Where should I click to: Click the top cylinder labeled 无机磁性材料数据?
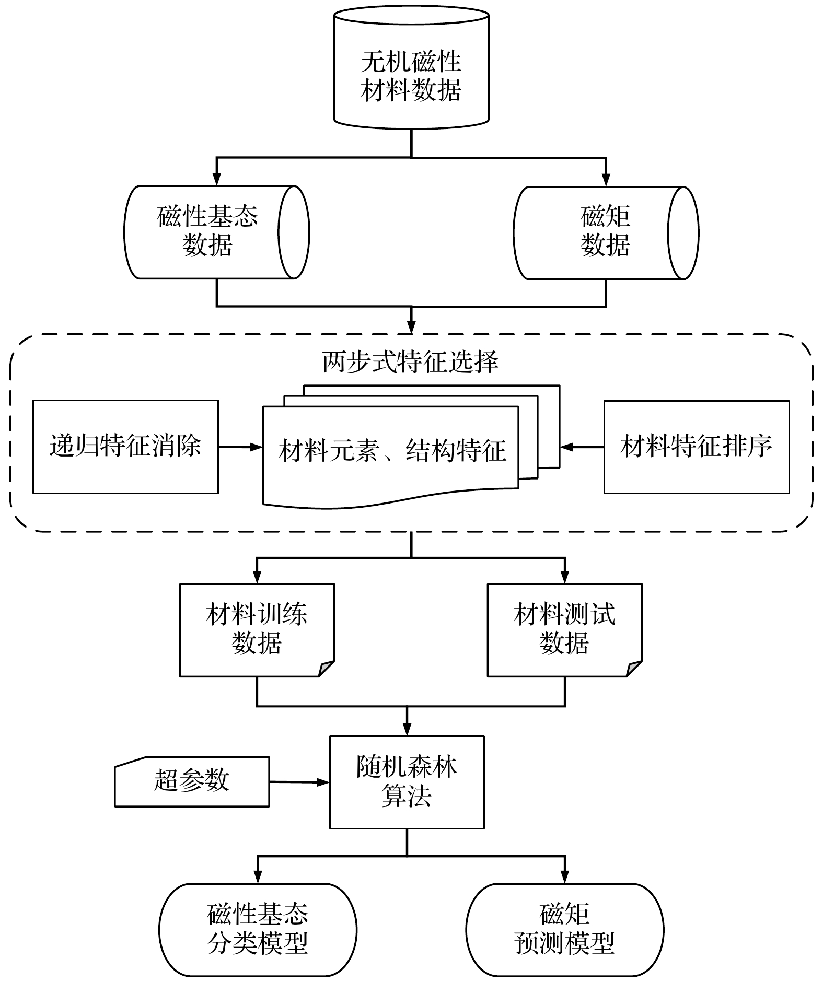[x=411, y=76]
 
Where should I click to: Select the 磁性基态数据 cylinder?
[x=208, y=231]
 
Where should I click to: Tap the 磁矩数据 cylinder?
[x=605, y=231]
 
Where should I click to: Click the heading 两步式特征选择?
[x=411, y=362]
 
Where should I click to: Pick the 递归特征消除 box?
[x=125, y=447]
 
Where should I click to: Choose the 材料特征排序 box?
[x=697, y=447]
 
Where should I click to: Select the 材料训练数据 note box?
[x=257, y=629]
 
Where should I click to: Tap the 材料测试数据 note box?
[x=564, y=629]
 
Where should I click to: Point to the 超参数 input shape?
[x=192, y=781]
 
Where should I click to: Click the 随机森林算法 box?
[x=407, y=782]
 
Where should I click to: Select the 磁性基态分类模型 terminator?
[x=258, y=930]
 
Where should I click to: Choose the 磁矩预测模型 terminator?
[x=564, y=930]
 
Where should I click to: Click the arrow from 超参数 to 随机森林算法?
[x=299, y=782]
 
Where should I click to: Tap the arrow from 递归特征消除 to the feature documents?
[x=240, y=447]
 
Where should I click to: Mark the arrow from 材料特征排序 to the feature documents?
[x=582, y=447]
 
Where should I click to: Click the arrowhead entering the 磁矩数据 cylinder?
[x=606, y=180]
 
